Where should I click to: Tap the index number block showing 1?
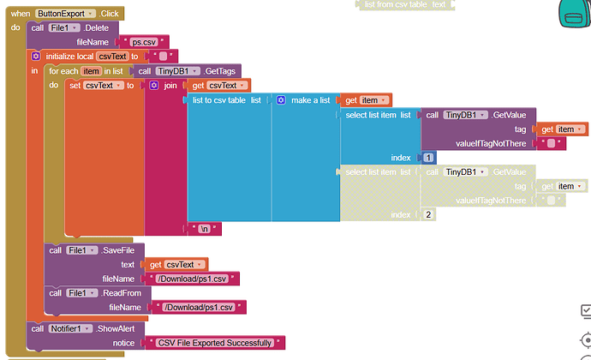coord(428,158)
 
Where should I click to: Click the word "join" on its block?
coord(171,86)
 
